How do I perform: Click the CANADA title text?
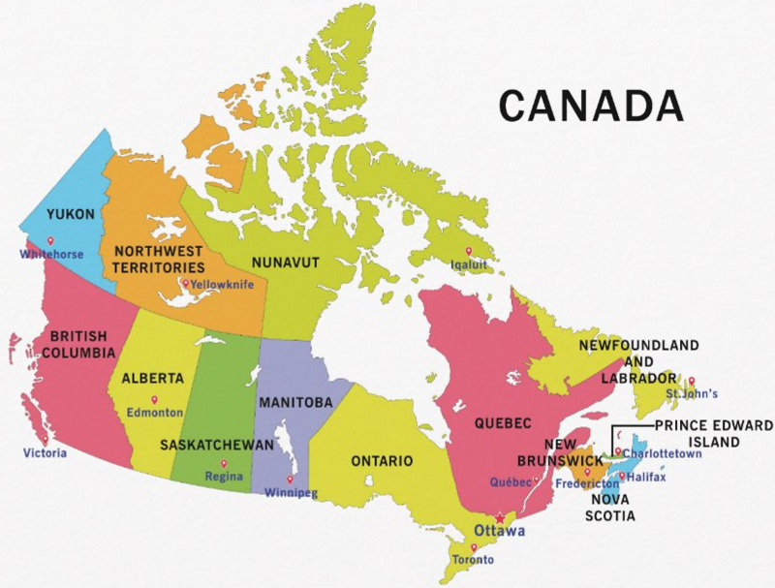591,104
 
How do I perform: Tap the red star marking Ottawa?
500,518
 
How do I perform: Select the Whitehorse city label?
51,255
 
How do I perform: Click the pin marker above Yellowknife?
185,283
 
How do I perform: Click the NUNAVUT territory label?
285,262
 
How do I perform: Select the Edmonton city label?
154,412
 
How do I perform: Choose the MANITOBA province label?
294,401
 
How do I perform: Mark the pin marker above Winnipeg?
291,479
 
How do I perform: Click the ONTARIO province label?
382,460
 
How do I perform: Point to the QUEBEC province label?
503,424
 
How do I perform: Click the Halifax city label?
647,477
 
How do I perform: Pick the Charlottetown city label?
662,453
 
